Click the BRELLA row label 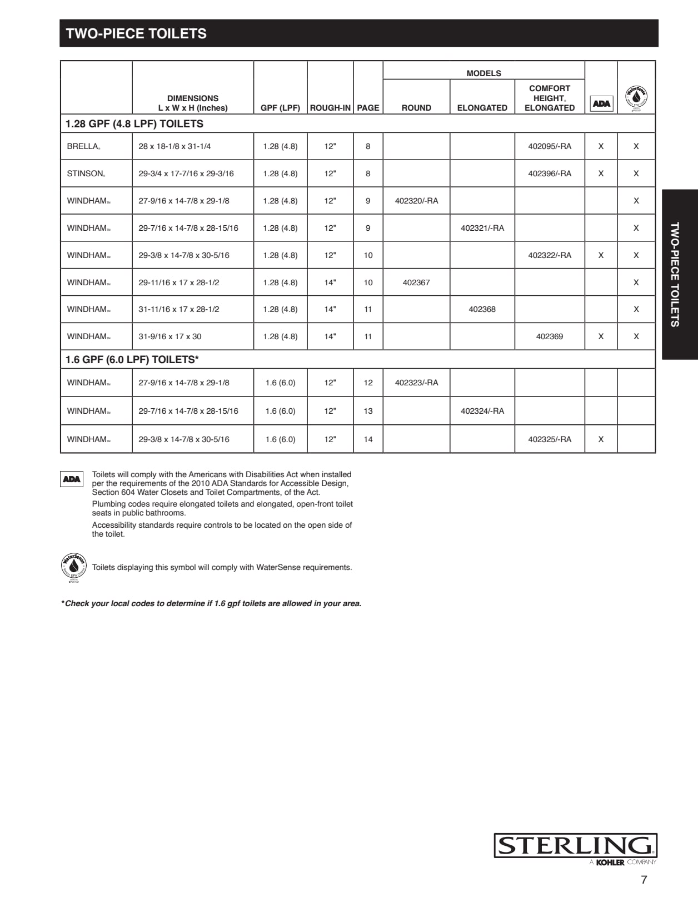click(83, 146)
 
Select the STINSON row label click(86, 174)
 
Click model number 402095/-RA click(549, 146)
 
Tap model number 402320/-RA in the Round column click(416, 201)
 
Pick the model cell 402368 click(482, 309)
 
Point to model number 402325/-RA click(549, 439)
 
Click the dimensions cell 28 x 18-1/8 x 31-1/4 click(174, 146)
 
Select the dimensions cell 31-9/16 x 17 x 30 click(169, 336)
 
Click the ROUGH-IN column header click(330, 108)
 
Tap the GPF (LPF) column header click(280, 108)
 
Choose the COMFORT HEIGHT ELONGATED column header click(549, 98)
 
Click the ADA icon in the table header click(601, 103)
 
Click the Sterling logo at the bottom click(575, 846)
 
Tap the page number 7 click(644, 880)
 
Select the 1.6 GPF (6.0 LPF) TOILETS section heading click(132, 360)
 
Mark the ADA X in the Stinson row click(601, 174)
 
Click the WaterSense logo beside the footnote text click(73, 567)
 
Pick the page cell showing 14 click(368, 439)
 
